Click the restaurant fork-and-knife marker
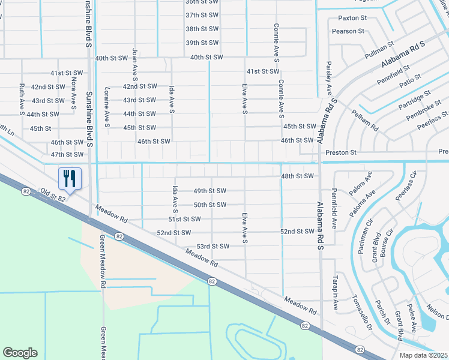tap(70, 178)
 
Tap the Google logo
tap(20, 353)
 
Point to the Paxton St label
tap(352, 18)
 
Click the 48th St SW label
tap(298, 176)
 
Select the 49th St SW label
tap(209, 191)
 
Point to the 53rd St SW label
tap(213, 246)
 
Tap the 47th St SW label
tap(67, 154)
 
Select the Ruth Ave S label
tap(22, 99)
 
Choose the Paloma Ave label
tap(363, 204)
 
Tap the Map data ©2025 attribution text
tap(423, 355)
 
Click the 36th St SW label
tap(200, 2)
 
